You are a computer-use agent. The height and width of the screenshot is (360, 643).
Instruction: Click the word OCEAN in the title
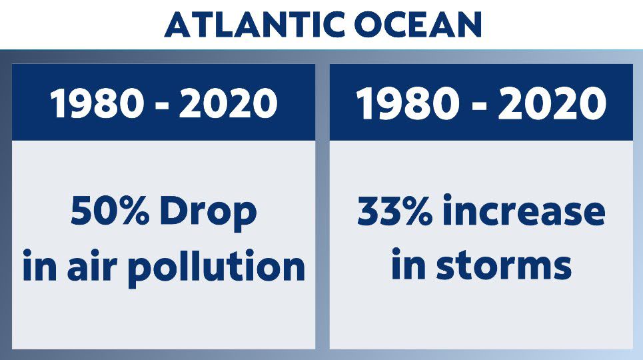tap(418, 25)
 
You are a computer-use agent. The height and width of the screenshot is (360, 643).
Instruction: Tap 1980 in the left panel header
tap(97, 103)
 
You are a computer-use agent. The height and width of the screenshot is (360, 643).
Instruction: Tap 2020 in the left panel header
tap(229, 103)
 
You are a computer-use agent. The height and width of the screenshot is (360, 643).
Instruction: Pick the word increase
tap(524, 212)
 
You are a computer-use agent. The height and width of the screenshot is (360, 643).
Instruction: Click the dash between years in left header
tap(162, 106)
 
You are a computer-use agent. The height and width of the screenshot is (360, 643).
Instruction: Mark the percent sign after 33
tap(415, 212)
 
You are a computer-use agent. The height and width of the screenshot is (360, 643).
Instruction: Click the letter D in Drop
tap(173, 212)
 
